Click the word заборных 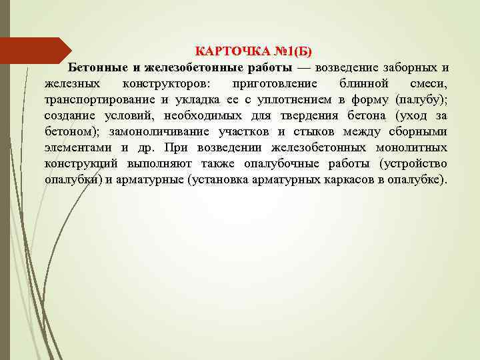tap(409, 68)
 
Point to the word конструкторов tap(165, 85)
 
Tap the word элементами tap(79, 148)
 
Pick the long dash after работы tap(303, 68)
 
